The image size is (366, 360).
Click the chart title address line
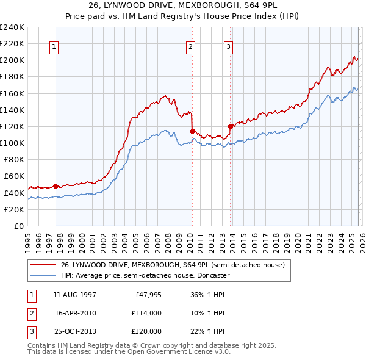(x=183, y=5)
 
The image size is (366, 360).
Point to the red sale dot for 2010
(x=192, y=131)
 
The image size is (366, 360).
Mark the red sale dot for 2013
(x=230, y=126)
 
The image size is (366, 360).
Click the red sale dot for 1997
(x=56, y=185)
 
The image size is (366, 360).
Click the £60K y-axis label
(x=13, y=176)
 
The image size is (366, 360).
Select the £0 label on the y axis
(x=18, y=226)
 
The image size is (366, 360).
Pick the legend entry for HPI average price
(x=145, y=275)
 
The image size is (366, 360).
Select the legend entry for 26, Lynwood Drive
(x=172, y=265)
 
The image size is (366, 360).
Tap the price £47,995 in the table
(x=146, y=294)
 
